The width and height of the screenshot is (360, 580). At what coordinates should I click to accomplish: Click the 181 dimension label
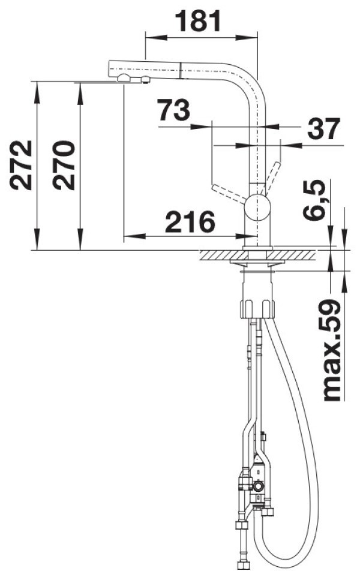198,21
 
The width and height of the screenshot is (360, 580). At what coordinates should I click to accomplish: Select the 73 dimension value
173,110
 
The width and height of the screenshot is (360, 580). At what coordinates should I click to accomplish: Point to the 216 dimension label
190,222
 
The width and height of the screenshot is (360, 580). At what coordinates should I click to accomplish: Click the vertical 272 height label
21,166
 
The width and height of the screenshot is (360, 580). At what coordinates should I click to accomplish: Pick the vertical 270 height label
64,166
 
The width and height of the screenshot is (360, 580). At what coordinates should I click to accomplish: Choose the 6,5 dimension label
315,200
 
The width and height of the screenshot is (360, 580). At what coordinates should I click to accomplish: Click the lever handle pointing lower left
228,194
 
